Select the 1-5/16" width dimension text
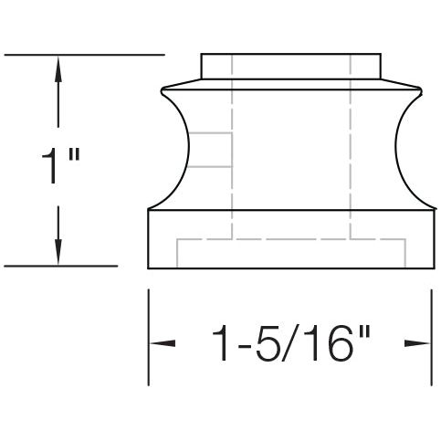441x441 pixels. point(290,344)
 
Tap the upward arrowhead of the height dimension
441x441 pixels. point(59,66)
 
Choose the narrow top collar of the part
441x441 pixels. point(289,68)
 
